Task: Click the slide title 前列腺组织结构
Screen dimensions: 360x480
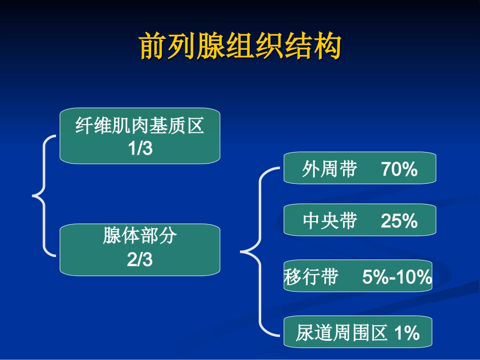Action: tap(241, 46)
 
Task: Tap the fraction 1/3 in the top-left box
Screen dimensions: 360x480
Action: tap(140, 149)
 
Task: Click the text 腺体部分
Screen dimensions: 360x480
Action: tap(140, 236)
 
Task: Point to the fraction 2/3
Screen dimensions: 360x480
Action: tap(140, 260)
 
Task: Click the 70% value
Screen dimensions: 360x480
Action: tap(399, 170)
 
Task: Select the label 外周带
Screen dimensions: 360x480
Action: tap(329, 170)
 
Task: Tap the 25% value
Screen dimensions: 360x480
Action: tap(399, 221)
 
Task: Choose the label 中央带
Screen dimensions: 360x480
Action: tap(329, 221)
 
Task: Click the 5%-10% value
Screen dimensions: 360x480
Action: tap(397, 277)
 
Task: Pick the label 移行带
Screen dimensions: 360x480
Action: tap(311, 277)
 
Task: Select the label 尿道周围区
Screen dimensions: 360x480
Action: tap(342, 333)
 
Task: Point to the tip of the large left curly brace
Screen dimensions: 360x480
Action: tap(34, 194)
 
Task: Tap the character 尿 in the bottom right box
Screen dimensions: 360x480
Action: tap(305, 333)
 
